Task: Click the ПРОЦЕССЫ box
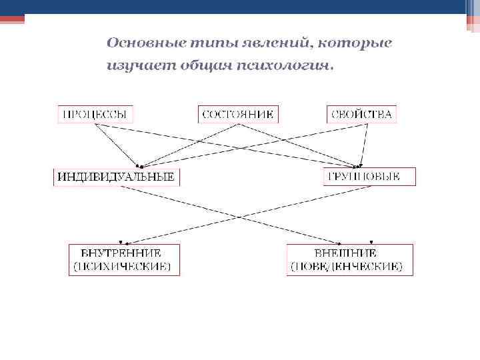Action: [x=95, y=114]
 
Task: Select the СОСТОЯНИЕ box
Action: [x=238, y=114]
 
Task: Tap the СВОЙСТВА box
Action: [x=361, y=114]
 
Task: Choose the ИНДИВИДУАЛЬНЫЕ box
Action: [x=117, y=177]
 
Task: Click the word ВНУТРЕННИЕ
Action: [x=121, y=253]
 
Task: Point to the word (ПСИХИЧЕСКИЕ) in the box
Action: [x=121, y=266]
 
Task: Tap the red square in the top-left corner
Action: [x=12, y=19]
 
